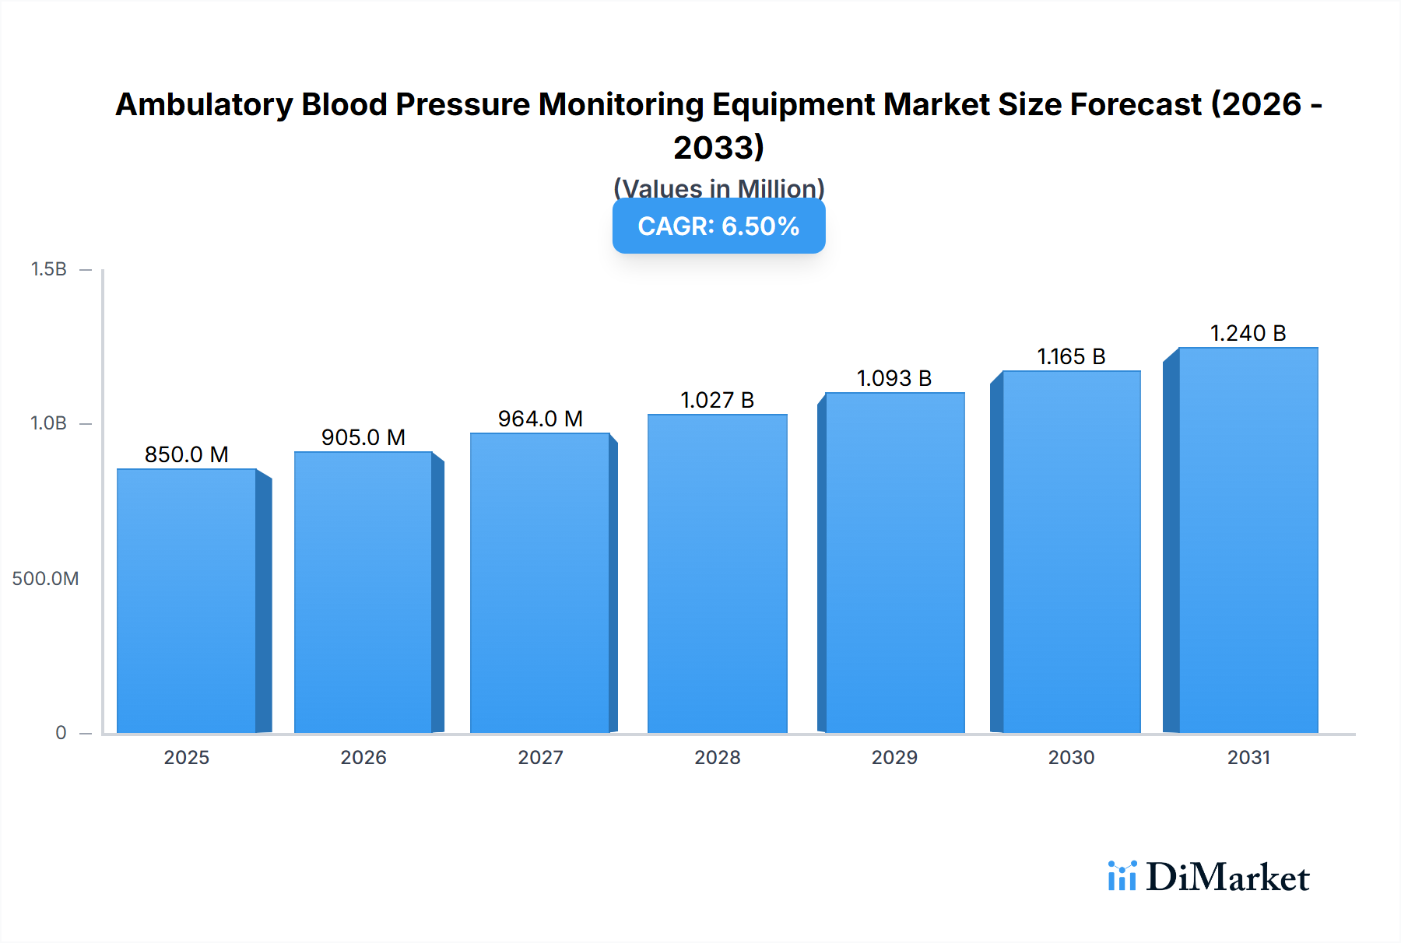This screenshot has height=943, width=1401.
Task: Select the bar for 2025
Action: point(187,601)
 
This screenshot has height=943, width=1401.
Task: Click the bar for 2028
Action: point(717,573)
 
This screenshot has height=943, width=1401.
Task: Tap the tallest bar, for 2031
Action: point(1248,540)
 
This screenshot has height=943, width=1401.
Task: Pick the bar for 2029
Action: point(894,563)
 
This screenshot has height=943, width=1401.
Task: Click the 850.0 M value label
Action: point(187,454)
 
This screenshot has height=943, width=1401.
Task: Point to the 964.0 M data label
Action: point(540,419)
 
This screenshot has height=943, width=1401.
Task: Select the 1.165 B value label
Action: point(1071,356)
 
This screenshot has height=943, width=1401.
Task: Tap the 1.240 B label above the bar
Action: point(1248,333)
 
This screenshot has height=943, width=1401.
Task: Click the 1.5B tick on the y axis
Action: point(48,269)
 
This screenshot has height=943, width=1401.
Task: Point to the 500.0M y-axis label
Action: point(45,578)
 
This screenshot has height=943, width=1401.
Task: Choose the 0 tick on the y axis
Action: point(61,732)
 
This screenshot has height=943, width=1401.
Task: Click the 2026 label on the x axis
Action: point(363,757)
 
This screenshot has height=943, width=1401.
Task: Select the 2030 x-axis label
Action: point(1071,757)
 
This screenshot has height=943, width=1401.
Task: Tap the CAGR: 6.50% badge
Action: point(718,226)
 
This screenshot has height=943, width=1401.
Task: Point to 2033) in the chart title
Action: point(718,148)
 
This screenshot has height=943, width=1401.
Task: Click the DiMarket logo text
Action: point(1227,878)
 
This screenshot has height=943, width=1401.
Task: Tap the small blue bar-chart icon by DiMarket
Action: point(1122,876)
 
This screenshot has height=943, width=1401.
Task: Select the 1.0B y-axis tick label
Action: point(48,423)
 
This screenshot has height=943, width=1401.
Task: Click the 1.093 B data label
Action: point(894,378)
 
